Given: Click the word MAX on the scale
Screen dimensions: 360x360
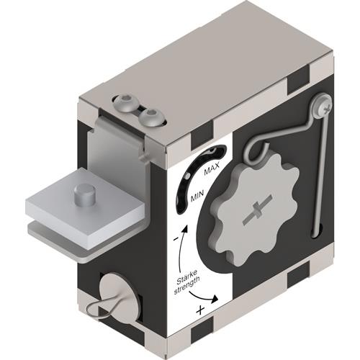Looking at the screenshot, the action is click(212, 168).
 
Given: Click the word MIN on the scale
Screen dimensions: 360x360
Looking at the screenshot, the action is click(197, 196).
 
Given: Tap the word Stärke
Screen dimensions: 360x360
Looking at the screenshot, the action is click(187, 277).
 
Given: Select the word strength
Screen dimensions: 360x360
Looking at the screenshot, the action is click(187, 286).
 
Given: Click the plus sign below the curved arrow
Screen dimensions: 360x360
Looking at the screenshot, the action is click(200, 310).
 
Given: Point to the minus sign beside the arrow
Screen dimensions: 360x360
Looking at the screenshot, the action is click(176, 239).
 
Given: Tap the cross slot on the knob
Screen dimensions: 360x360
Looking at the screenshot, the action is click(258, 210).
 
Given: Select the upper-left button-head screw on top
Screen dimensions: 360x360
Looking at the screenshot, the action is click(125, 104).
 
